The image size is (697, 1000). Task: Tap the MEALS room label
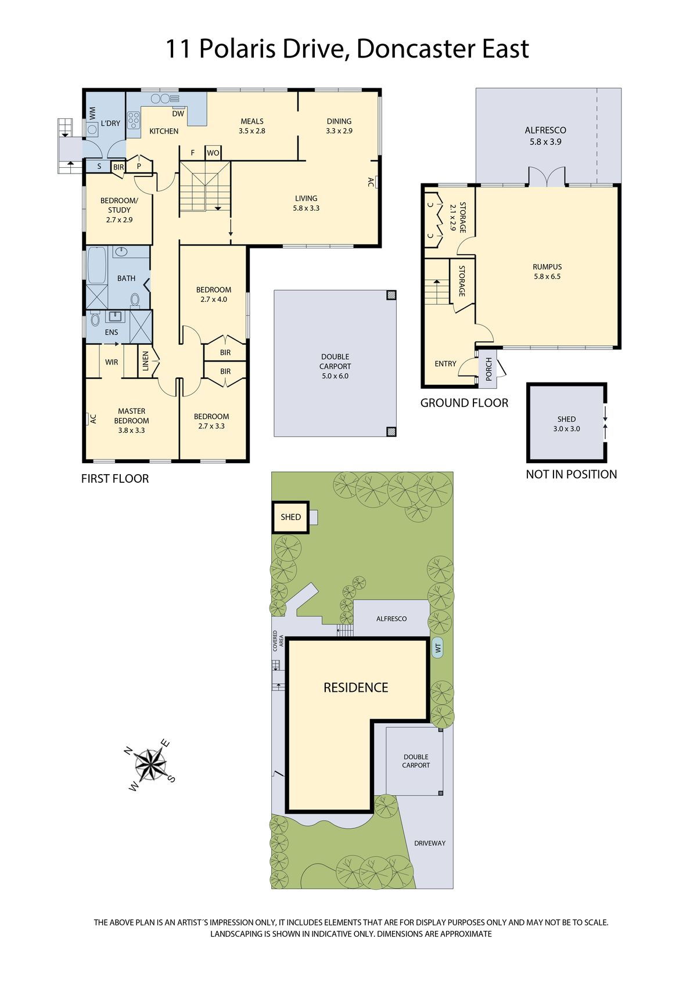pos(252,121)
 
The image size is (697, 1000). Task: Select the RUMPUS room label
pos(547,267)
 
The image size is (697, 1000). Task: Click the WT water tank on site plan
pos(438,648)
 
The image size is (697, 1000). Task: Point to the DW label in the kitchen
pos(178,114)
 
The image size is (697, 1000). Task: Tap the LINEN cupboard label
pos(146,361)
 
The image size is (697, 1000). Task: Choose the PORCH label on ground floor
pos(488,369)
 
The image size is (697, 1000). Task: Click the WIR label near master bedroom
pos(112,362)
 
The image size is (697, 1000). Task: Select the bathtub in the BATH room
pos(96,265)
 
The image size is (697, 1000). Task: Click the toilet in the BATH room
pos(135,300)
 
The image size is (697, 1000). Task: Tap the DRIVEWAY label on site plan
pos(430,843)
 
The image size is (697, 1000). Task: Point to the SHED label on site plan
pos(291,517)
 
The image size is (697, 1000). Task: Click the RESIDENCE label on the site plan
pos(355,688)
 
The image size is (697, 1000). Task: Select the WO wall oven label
pos(213,153)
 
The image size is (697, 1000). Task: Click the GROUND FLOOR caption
pos(464,403)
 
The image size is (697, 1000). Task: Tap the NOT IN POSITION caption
pos(572,474)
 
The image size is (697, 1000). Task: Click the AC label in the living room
pos(371,182)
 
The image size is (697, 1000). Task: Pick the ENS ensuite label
pos(112,333)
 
